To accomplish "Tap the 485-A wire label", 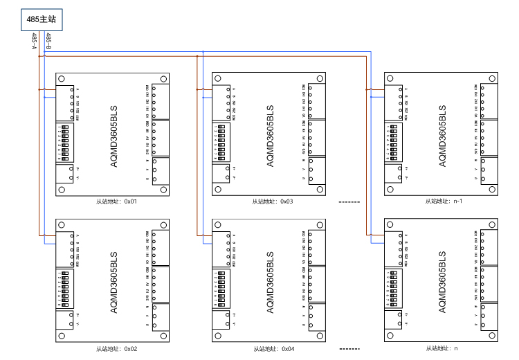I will [x=35, y=42].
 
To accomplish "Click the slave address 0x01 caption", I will [x=117, y=201].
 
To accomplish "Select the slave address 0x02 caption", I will [x=117, y=348].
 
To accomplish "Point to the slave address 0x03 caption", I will [x=273, y=201].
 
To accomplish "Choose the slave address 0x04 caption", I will [x=273, y=348].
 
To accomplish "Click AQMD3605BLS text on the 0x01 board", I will [x=114, y=135].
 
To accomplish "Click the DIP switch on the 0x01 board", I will [x=67, y=142].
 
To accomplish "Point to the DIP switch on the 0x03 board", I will [x=223, y=142].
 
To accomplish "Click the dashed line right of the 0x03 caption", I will [x=350, y=201].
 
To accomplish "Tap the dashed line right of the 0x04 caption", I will [x=350, y=348].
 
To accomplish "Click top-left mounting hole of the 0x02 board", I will [x=62, y=226].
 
